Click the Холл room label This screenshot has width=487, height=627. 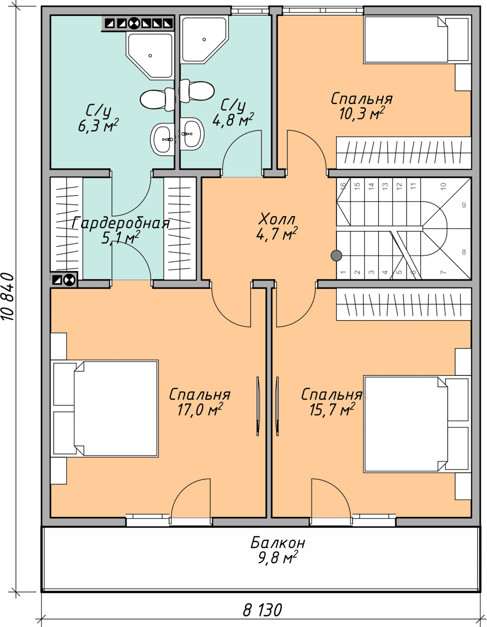[x=277, y=219]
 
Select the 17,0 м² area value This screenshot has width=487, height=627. [x=200, y=410]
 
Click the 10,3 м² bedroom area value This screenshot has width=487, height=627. [x=362, y=113]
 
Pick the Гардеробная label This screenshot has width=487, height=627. [x=120, y=223]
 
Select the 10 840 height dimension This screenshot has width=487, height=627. [x=8, y=297]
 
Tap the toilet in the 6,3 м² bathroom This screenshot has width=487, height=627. [x=157, y=99]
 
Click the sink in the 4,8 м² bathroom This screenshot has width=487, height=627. [x=192, y=134]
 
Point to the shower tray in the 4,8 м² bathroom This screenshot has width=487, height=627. [x=204, y=40]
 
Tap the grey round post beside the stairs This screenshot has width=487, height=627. [x=336, y=255]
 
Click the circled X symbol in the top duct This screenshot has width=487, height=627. [x=134, y=23]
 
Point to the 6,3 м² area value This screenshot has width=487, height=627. [x=98, y=126]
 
